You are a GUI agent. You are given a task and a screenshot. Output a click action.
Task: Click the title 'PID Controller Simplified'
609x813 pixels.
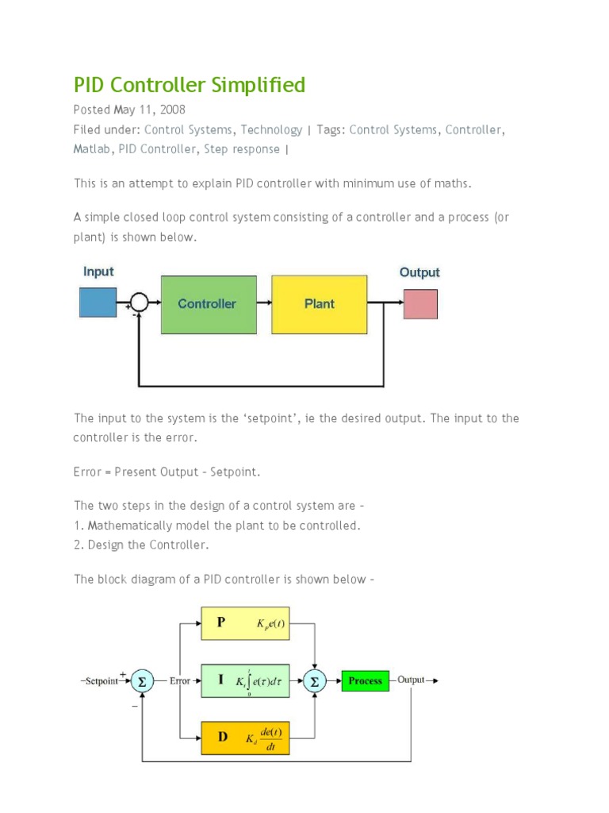coord(190,85)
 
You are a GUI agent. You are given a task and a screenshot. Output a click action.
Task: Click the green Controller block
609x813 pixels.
coord(209,304)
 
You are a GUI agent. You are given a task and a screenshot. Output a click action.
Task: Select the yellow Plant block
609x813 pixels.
coord(320,304)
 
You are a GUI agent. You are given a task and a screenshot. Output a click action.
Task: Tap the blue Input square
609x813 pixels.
coord(98,303)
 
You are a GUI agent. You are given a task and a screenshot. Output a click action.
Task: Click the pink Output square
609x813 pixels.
coord(420,304)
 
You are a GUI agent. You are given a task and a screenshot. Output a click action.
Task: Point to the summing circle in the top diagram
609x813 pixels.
coord(139,302)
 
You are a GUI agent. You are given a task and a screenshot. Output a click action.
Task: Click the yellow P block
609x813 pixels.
coord(245,623)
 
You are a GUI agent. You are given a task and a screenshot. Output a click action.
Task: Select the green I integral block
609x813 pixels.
coord(245,680)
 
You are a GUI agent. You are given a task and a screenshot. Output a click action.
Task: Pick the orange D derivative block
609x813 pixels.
coord(245,737)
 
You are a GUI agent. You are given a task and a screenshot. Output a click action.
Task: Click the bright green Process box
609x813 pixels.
coord(365,680)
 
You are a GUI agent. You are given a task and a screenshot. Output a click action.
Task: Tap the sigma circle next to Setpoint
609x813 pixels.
coord(142,680)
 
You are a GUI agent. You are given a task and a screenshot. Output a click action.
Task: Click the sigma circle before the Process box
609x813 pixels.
coord(315,680)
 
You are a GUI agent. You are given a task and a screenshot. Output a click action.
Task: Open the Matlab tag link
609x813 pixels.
coord(93,149)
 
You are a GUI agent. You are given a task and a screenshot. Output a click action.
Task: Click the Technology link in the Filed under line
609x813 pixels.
coord(271,129)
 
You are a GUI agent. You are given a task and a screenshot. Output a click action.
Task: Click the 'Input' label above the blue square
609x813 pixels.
coord(98,272)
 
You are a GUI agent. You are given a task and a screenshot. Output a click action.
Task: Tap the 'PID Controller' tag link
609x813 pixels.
coord(157,149)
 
